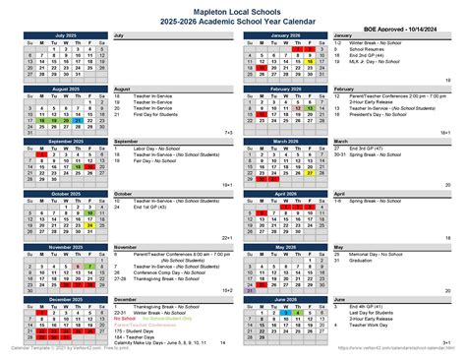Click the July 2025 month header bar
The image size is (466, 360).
66,35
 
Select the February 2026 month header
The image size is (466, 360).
280,89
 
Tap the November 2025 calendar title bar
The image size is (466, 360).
66,247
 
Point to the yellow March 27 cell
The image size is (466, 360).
306,172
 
